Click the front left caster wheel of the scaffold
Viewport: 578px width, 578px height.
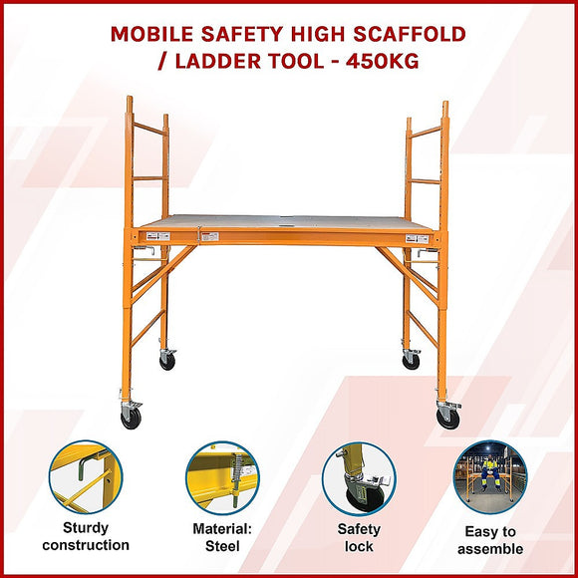(x=131, y=419)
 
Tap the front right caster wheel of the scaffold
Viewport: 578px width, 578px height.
(x=447, y=419)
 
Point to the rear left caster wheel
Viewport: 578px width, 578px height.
(x=167, y=361)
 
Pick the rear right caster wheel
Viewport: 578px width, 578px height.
(x=411, y=361)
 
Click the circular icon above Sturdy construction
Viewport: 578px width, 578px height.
(x=86, y=477)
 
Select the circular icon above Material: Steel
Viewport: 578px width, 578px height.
(x=221, y=477)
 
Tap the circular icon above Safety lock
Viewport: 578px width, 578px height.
(x=358, y=477)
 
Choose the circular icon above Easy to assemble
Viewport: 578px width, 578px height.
(x=490, y=477)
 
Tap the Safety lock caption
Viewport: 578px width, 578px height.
(x=359, y=538)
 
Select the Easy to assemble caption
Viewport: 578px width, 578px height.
(x=490, y=540)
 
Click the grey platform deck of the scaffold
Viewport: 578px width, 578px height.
(x=289, y=223)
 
